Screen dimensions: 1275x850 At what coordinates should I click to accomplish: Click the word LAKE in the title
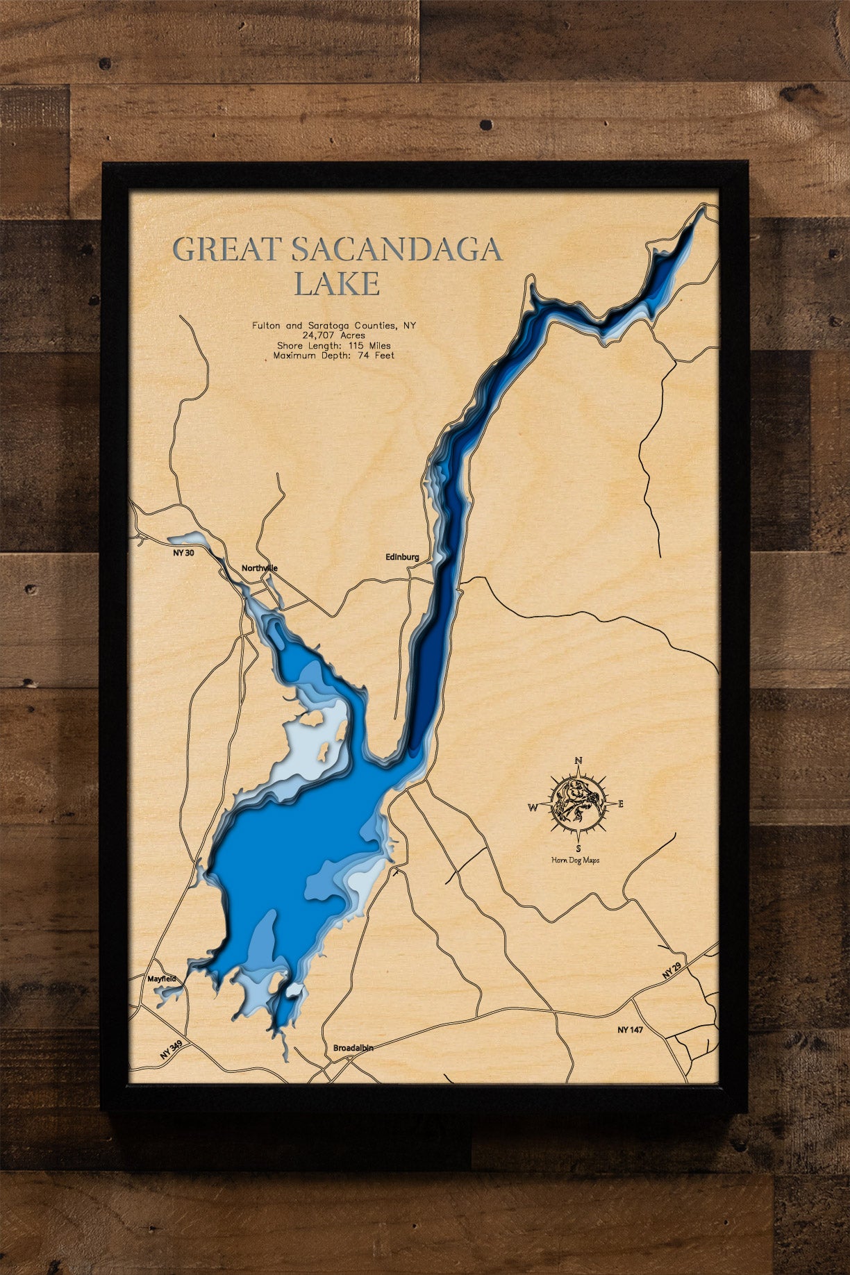(x=337, y=283)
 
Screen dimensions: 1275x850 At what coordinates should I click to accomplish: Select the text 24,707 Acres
(x=334, y=335)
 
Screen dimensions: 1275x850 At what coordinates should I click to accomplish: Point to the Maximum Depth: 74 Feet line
(x=334, y=356)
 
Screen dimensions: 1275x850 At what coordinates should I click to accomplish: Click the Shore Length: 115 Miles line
(x=334, y=345)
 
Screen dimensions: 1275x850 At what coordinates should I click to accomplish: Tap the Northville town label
(x=260, y=568)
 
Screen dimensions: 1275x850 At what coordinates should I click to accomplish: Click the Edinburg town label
(x=402, y=557)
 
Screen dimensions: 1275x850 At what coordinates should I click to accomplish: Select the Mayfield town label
(x=162, y=979)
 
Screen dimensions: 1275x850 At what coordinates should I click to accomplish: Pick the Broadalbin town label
(x=353, y=1047)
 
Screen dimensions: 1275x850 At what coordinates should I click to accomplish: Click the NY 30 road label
(x=179, y=553)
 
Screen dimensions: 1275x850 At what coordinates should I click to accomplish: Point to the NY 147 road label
(x=630, y=1029)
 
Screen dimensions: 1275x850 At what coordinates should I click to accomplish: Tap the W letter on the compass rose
(x=533, y=807)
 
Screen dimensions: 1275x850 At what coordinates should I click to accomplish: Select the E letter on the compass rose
(x=621, y=804)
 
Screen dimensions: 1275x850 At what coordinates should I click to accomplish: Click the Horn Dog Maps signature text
(x=576, y=860)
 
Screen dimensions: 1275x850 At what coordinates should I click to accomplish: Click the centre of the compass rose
(x=578, y=804)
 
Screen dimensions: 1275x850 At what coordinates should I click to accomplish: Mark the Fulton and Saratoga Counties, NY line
(x=334, y=325)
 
